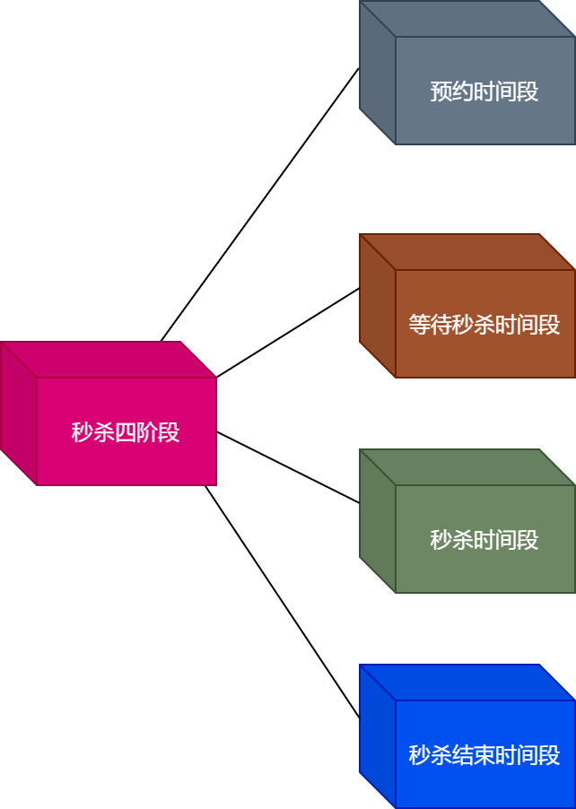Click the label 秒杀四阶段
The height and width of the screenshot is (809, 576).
(126, 432)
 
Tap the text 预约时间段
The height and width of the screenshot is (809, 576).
(484, 91)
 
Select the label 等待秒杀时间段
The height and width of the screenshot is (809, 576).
(484, 325)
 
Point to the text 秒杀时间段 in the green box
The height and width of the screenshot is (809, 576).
(484, 540)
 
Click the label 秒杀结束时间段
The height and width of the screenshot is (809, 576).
(484, 755)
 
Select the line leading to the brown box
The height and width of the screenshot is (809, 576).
(287, 333)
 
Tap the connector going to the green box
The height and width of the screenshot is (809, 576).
(287, 467)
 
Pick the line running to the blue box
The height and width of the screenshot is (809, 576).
(283, 602)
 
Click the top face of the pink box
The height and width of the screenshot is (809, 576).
(108, 360)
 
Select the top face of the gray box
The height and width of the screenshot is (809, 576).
(467, 19)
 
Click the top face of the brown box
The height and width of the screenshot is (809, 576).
(467, 252)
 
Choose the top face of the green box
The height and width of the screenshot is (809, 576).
(467, 467)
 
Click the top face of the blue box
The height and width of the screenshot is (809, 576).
(467, 683)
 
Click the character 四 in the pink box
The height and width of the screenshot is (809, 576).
(126, 432)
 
